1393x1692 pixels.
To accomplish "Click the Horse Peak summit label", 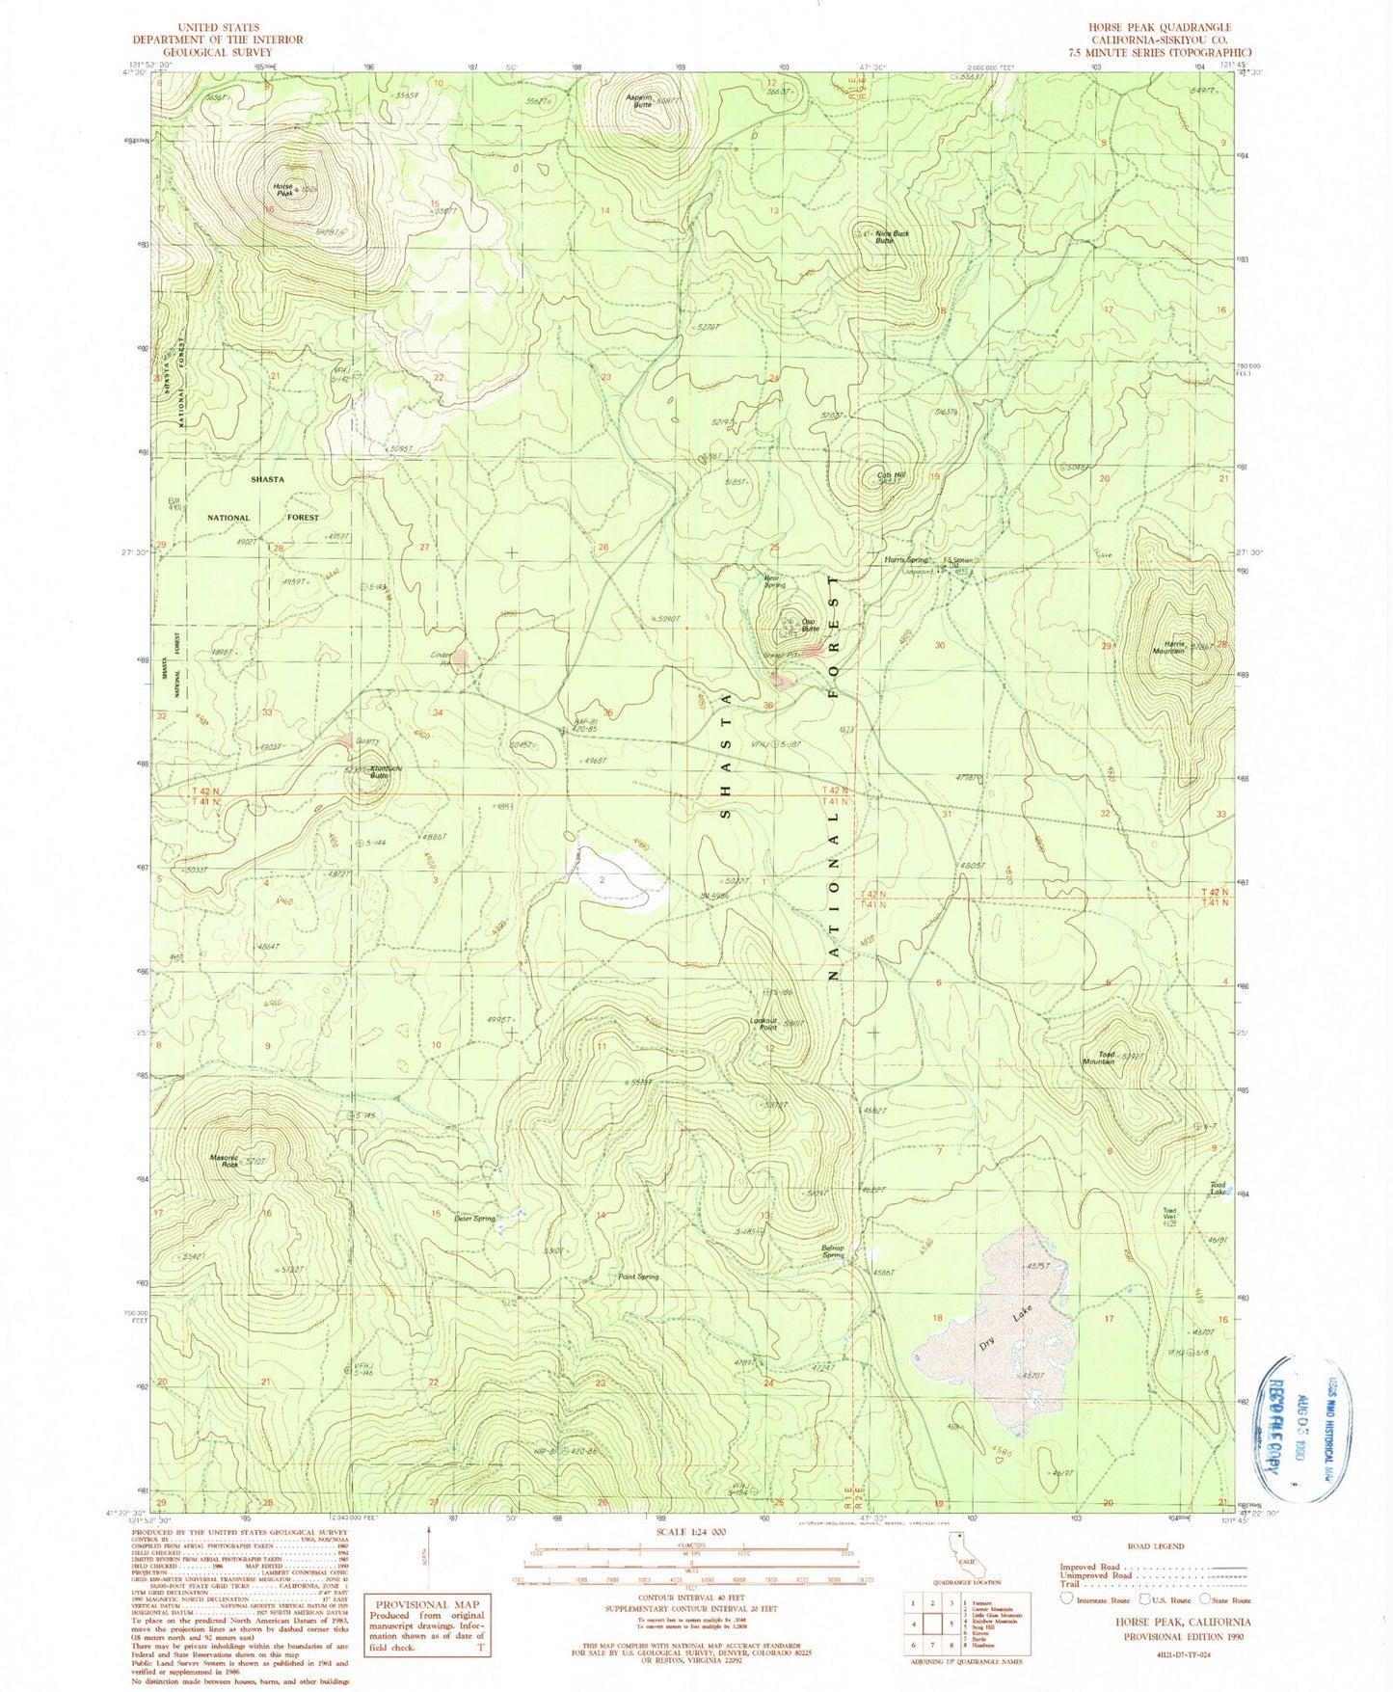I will [282, 190].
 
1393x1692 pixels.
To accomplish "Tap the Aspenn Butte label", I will [637, 100].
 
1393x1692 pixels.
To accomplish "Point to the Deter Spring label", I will [474, 1218].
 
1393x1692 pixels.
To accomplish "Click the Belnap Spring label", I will [833, 1249].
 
